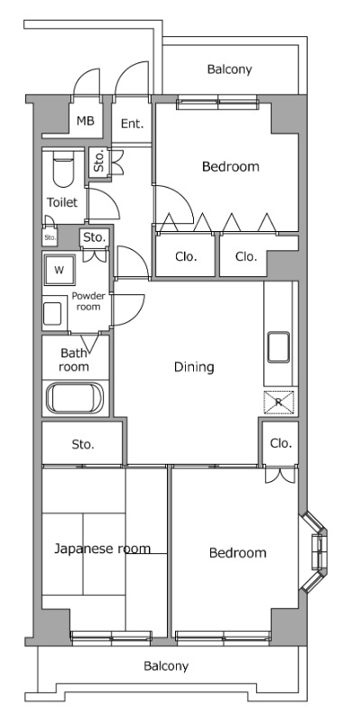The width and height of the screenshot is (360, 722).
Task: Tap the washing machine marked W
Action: point(59,270)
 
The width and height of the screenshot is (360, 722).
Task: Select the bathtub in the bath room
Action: point(76,399)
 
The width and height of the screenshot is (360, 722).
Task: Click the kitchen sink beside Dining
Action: point(279,347)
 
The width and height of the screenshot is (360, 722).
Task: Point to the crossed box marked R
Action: point(279,402)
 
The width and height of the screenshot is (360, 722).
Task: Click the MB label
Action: point(85,121)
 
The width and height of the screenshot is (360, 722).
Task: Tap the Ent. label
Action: point(132,124)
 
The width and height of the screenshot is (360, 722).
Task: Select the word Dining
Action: point(194,367)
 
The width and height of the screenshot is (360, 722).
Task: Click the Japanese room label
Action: point(102,549)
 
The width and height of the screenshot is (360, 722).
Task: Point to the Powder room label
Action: point(88,301)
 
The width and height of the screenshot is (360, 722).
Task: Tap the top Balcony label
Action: point(229,69)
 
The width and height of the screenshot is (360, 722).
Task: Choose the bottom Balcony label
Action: point(166,666)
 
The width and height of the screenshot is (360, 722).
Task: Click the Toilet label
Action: point(62,202)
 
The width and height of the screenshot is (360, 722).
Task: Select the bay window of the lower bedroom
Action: point(313,551)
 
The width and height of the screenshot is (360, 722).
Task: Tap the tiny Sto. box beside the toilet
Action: point(50,237)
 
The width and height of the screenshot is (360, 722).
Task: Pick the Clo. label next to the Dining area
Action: point(281,443)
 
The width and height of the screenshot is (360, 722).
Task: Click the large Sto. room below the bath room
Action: point(82,443)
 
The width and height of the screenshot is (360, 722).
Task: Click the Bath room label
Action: point(74,360)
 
